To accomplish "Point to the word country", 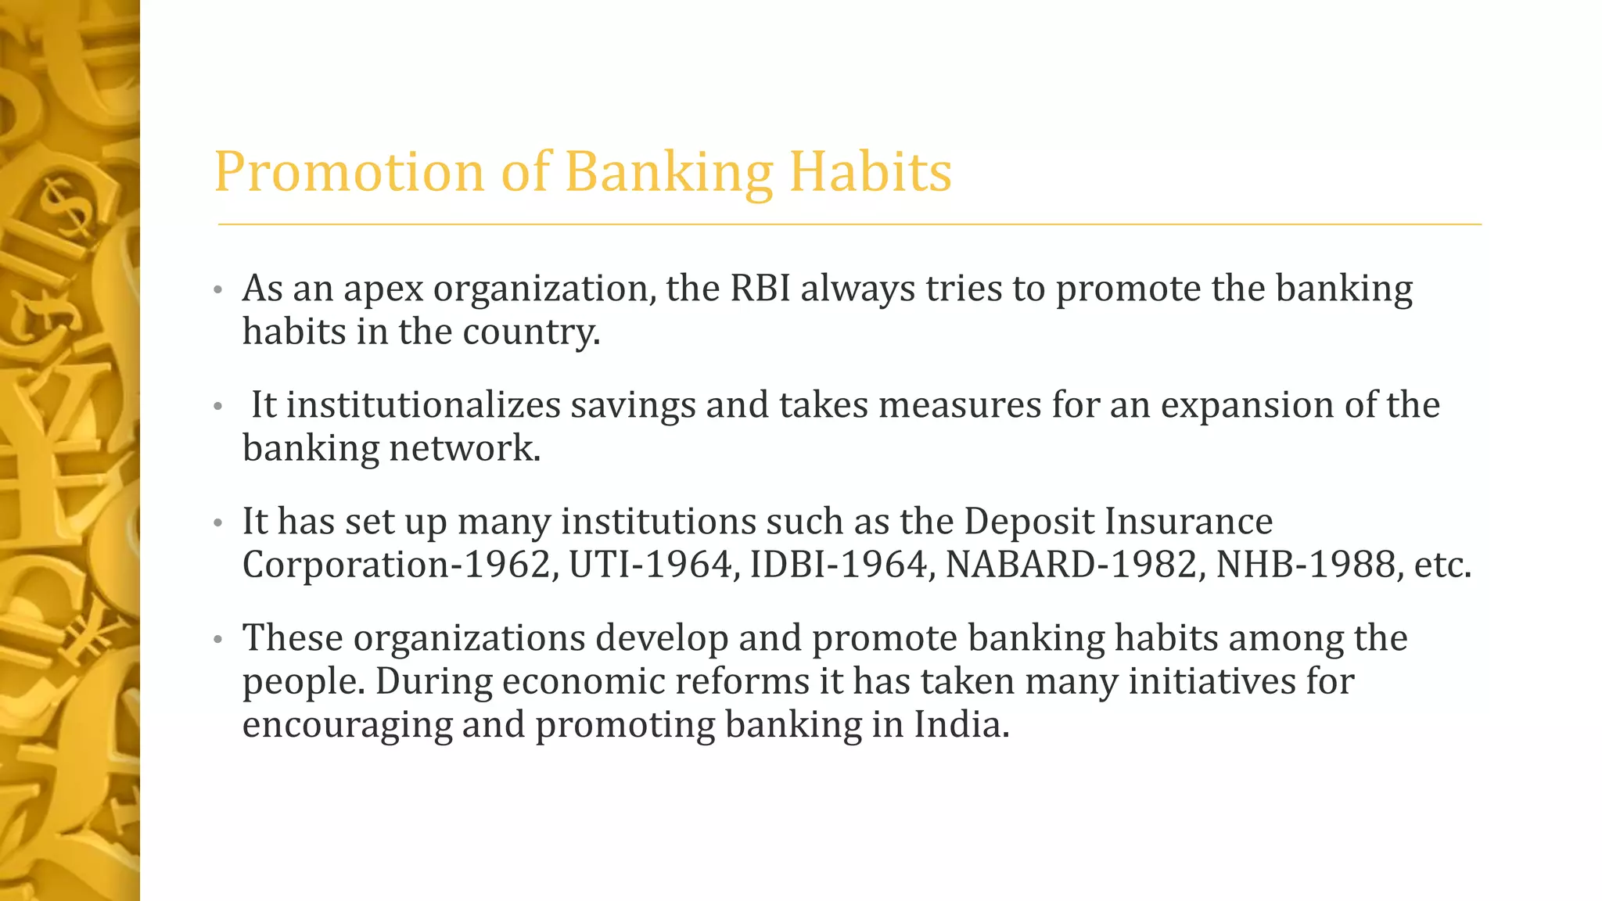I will pos(531,332).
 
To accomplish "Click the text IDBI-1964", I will pos(837,565).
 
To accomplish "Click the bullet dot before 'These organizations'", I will pos(218,641).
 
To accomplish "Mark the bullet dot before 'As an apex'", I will pos(218,291).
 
